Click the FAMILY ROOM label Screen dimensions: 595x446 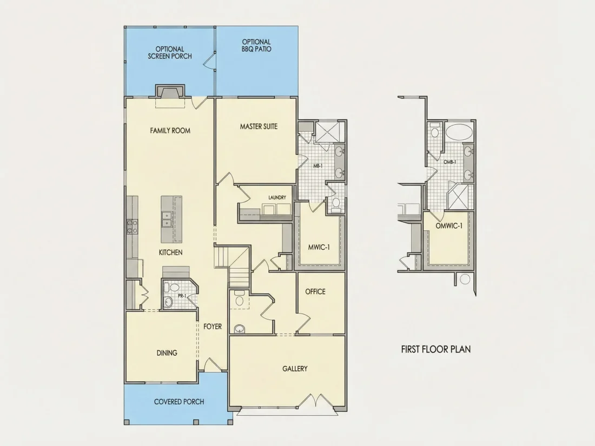170,130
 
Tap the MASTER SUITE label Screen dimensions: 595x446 259,127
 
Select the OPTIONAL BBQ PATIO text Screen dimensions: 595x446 256,45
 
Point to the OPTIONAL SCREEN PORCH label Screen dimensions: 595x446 170,52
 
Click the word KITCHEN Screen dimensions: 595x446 170,252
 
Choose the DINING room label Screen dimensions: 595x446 167,352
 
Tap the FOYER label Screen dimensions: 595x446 213,326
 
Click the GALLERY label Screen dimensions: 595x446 295,368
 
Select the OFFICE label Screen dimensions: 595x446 315,291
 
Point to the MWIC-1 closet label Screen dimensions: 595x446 319,247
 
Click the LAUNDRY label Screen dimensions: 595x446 277,197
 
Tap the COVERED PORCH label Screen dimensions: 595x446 179,402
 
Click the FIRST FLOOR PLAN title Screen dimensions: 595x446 436,349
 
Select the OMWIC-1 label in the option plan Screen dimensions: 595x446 449,226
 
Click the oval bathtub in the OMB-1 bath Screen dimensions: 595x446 459,132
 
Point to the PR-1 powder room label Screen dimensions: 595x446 182,295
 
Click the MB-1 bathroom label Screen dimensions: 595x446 318,166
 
